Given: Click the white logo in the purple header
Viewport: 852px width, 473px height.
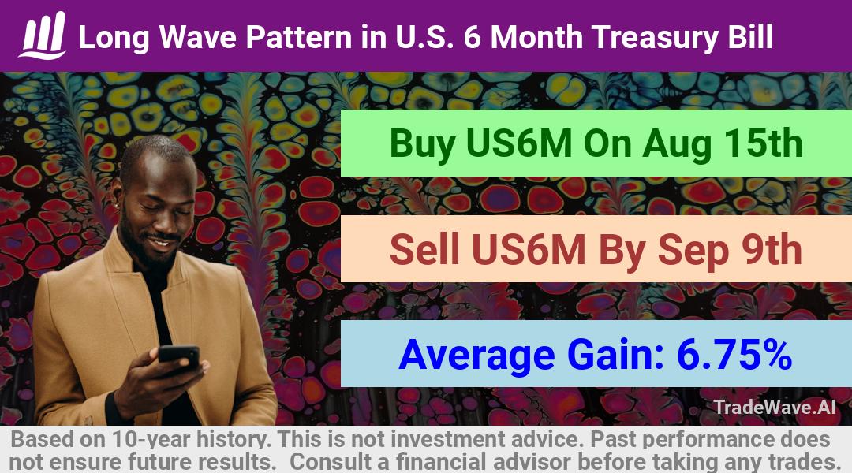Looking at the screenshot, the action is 43,35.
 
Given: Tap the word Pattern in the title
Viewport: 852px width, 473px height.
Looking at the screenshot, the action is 299,37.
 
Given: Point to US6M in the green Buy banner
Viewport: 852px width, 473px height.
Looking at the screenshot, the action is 519,143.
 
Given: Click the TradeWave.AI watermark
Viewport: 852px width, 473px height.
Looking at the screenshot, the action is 775,407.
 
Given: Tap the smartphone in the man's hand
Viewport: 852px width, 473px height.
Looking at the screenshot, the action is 179,356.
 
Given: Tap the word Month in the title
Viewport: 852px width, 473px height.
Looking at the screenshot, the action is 536,37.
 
